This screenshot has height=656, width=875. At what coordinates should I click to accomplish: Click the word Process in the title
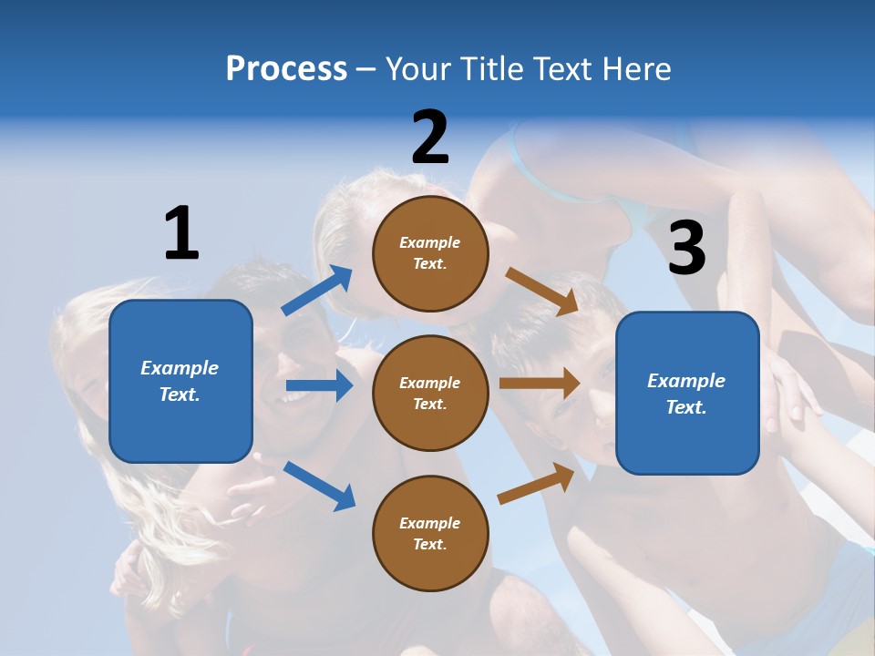coord(286,69)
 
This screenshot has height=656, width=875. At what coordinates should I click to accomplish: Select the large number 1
coord(181,233)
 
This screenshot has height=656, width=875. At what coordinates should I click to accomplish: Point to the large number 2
coord(430,138)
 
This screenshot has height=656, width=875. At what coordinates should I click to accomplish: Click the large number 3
coord(687,248)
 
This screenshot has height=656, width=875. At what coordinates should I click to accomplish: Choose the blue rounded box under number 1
coord(180,381)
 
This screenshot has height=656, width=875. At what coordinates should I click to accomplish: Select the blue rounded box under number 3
coord(687,393)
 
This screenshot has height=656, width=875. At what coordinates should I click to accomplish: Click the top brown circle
coord(431,253)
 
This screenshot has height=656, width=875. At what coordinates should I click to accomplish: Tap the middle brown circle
coord(431,393)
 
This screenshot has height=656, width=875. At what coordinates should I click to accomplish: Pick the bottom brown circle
coord(431,533)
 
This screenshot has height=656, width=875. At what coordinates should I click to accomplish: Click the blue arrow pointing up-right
coord(317,291)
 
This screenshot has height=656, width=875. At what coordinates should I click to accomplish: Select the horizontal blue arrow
coord(319,386)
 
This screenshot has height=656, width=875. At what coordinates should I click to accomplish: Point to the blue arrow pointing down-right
coord(319,486)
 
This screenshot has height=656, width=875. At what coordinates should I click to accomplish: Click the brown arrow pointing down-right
coord(541,292)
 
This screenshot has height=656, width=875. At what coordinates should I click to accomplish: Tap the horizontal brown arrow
coord(540,384)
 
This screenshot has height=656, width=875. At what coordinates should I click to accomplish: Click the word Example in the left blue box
coord(180,368)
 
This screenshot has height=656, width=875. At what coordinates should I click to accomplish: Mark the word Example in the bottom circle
coord(430,523)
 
